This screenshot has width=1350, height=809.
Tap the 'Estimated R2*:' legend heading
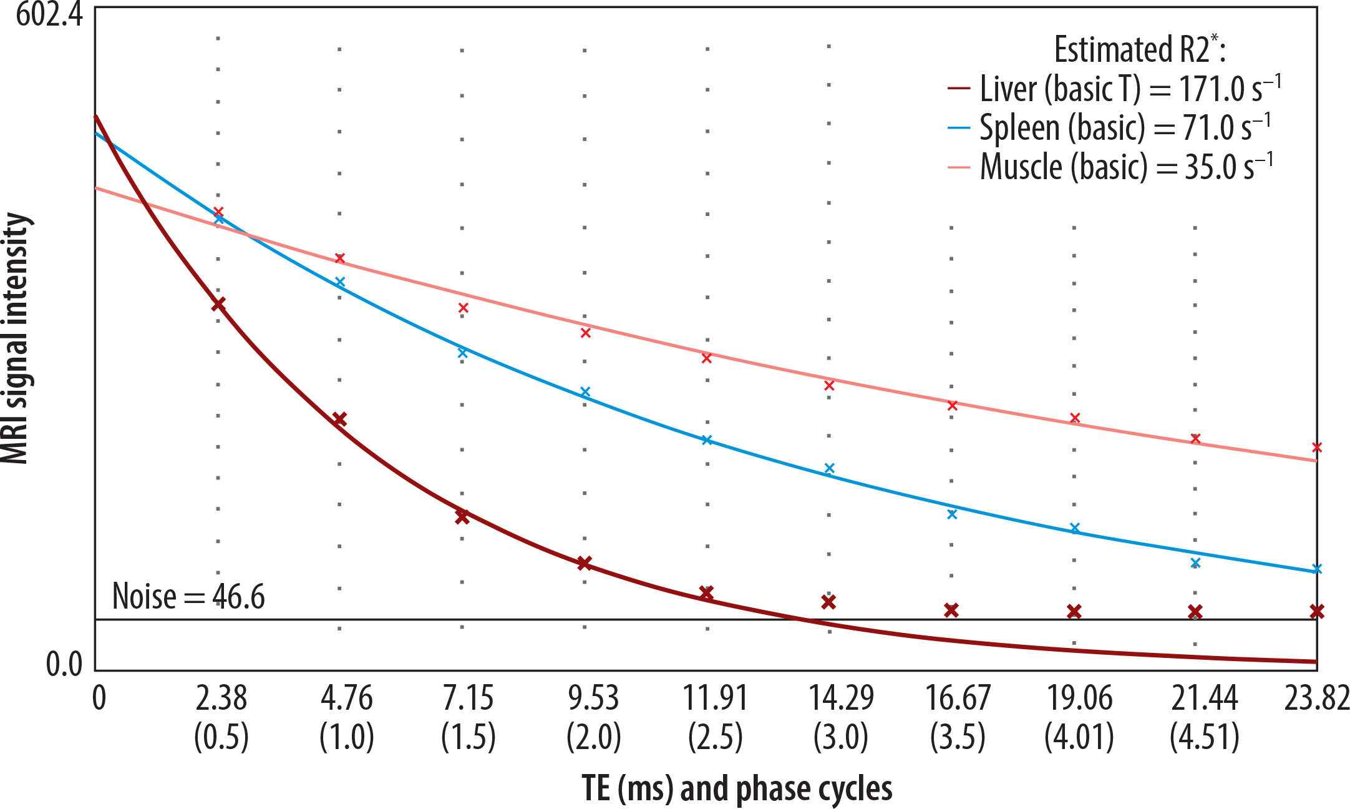[1139, 49]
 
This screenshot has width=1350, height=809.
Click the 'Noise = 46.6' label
[188, 597]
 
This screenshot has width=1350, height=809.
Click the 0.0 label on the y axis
[64, 664]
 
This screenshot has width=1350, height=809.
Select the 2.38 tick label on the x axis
[221, 698]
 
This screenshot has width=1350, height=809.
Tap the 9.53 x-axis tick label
[593, 698]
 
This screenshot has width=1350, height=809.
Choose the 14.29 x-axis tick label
[841, 698]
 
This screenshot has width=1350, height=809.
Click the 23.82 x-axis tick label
[1316, 698]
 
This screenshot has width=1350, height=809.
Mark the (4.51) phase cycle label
[1204, 737]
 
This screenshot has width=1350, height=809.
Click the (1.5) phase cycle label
[469, 737]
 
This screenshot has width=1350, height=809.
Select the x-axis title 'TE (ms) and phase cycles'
[737, 788]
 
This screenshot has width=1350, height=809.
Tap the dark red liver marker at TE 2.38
[218, 305]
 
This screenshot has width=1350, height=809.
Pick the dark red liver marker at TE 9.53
[584, 563]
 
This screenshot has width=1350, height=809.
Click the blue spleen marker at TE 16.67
[952, 514]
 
